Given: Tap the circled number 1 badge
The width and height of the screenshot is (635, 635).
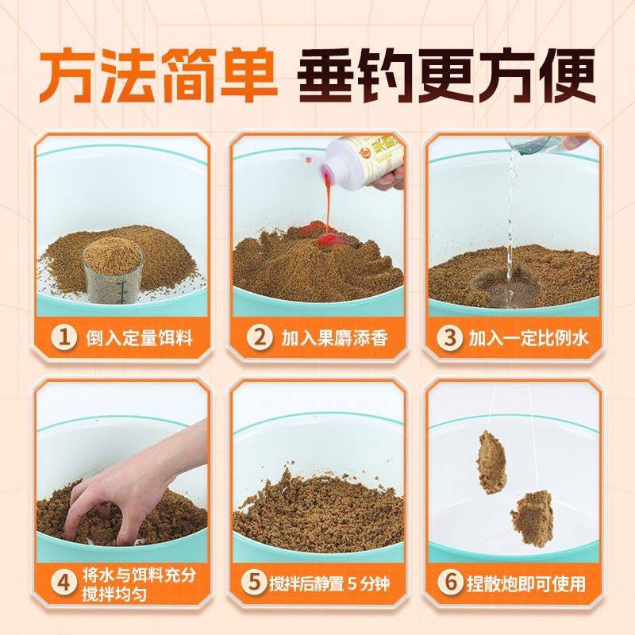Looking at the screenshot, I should pyautogui.click(x=63, y=338).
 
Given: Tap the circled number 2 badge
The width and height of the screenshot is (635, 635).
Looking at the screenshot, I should pyautogui.click(x=258, y=338).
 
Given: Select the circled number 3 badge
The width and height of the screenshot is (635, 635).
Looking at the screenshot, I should pyautogui.click(x=451, y=338).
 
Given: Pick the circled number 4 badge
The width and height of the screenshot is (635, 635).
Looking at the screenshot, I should pyautogui.click(x=63, y=584).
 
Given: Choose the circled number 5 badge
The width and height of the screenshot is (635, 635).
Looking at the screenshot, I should pyautogui.click(x=253, y=584).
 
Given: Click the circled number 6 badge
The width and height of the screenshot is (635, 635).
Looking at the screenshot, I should pyautogui.click(x=451, y=584).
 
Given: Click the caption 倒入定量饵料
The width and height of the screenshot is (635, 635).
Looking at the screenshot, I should pyautogui.click(x=139, y=339).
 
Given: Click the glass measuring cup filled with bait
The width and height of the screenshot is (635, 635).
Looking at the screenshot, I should pyautogui.click(x=113, y=270).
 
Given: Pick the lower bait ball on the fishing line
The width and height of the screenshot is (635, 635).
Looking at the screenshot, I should pyautogui.click(x=532, y=516).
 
